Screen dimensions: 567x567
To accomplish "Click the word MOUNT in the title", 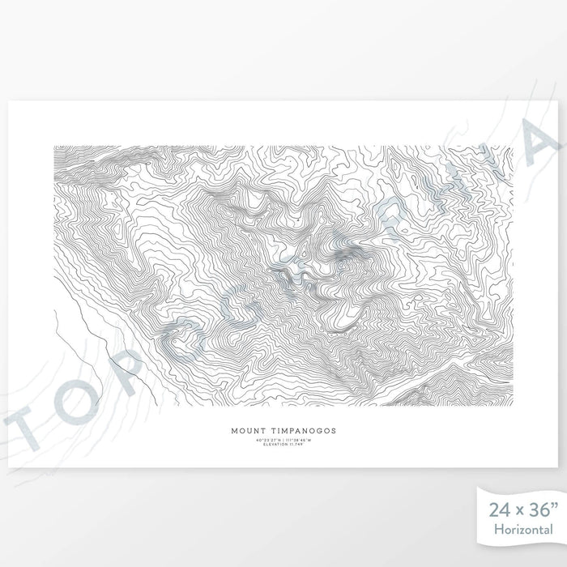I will coord(248,431).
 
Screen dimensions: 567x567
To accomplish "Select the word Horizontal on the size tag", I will coord(522,530).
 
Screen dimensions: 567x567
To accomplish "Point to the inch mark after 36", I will coord(554,506).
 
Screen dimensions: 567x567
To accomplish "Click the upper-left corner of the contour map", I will coord(54,147).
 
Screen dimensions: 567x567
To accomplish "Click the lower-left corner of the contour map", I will coord(54,405).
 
